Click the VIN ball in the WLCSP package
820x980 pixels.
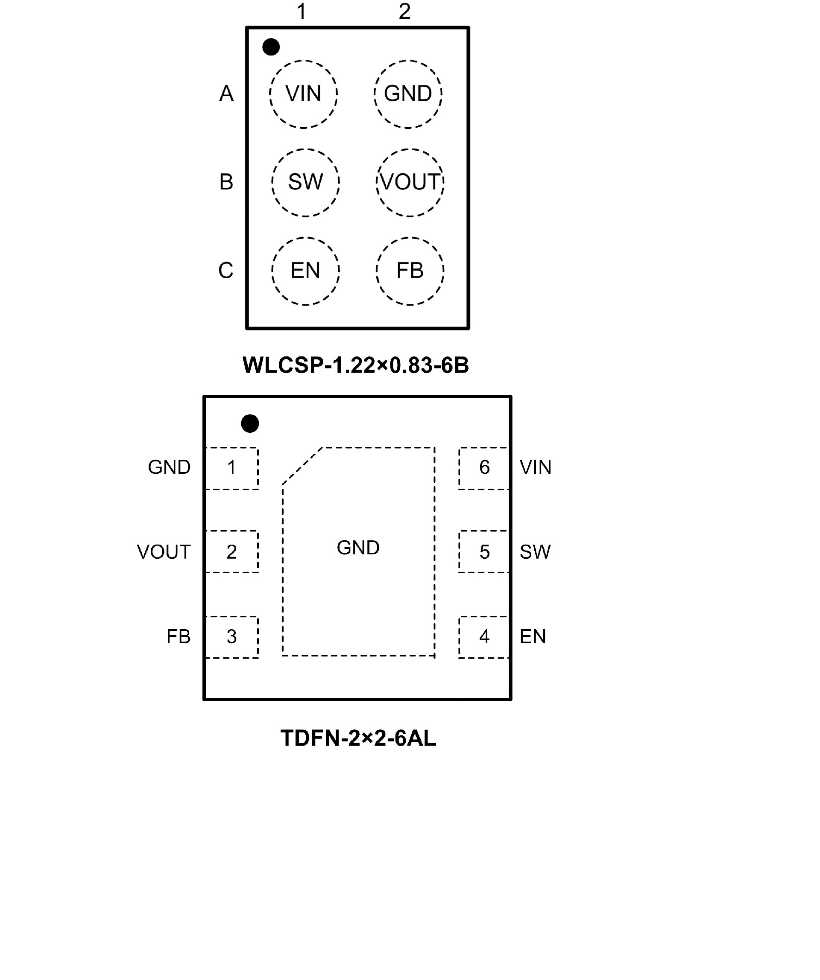point(303,94)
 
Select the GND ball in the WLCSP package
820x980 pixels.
point(408,94)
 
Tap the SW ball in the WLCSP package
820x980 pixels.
point(305,182)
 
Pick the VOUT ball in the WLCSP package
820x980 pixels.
point(410,182)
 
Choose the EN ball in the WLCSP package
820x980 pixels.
point(305,271)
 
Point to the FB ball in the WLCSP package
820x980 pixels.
point(410,271)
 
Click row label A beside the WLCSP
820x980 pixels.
point(226,94)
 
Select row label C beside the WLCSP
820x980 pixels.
point(226,271)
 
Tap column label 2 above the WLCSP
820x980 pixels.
point(404,11)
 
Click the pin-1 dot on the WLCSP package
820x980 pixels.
point(271,47)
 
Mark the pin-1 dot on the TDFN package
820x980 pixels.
point(250,423)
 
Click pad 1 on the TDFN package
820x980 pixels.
point(231,468)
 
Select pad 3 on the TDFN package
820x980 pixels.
point(231,636)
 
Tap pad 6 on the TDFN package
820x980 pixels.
point(484,468)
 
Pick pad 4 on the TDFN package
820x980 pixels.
point(484,636)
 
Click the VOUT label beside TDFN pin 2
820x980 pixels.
point(164,552)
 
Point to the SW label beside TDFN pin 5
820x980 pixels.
point(535,552)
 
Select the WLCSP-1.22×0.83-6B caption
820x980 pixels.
point(356,365)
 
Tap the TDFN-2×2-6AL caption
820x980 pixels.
point(358,738)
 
